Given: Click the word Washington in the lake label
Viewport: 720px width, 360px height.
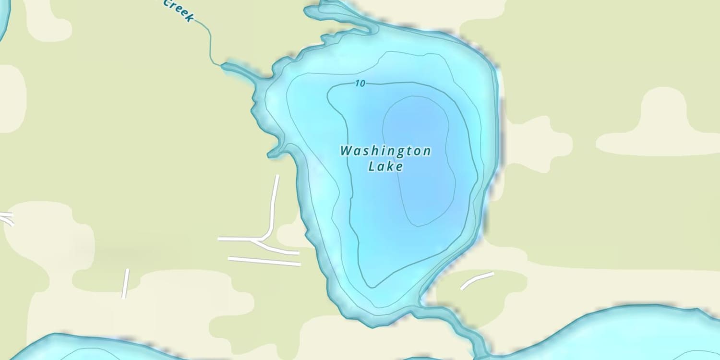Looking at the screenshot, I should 385,151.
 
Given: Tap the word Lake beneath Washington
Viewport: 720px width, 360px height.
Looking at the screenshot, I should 385,167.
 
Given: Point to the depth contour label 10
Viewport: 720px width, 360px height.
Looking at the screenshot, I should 360,84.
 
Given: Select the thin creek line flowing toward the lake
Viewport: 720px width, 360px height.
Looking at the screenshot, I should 210,43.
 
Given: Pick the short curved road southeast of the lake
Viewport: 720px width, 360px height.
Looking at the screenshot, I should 477,280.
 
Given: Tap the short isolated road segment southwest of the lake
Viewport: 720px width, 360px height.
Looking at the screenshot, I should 125,283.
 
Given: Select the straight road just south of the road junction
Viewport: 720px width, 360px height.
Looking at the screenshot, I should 264,261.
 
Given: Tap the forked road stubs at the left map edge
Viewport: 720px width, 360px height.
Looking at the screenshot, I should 7,218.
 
